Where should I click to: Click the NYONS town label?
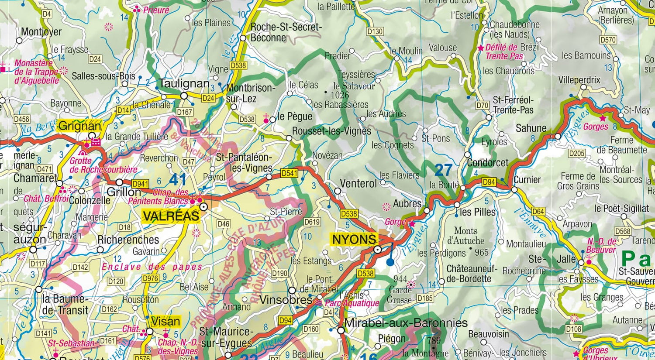tap(354, 239)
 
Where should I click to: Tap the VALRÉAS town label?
tap(171, 216)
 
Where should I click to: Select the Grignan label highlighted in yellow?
tap(79, 126)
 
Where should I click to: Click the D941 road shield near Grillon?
tap(140, 184)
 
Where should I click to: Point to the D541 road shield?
tap(289, 173)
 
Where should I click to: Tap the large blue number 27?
tap(443, 170)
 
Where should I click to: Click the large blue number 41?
tap(178, 179)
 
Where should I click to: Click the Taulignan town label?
tap(184, 84)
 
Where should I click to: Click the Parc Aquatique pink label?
tap(352, 303)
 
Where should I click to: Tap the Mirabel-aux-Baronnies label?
tap(406, 323)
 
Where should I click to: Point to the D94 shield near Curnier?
tap(489, 182)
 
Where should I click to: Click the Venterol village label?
tap(358, 184)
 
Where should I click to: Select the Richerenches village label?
tap(128, 240)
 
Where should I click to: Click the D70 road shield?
tap(482, 105)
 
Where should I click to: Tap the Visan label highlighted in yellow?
tap(165, 322)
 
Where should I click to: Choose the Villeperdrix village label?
tap(579, 80)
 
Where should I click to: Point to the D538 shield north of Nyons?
tap(349, 213)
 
